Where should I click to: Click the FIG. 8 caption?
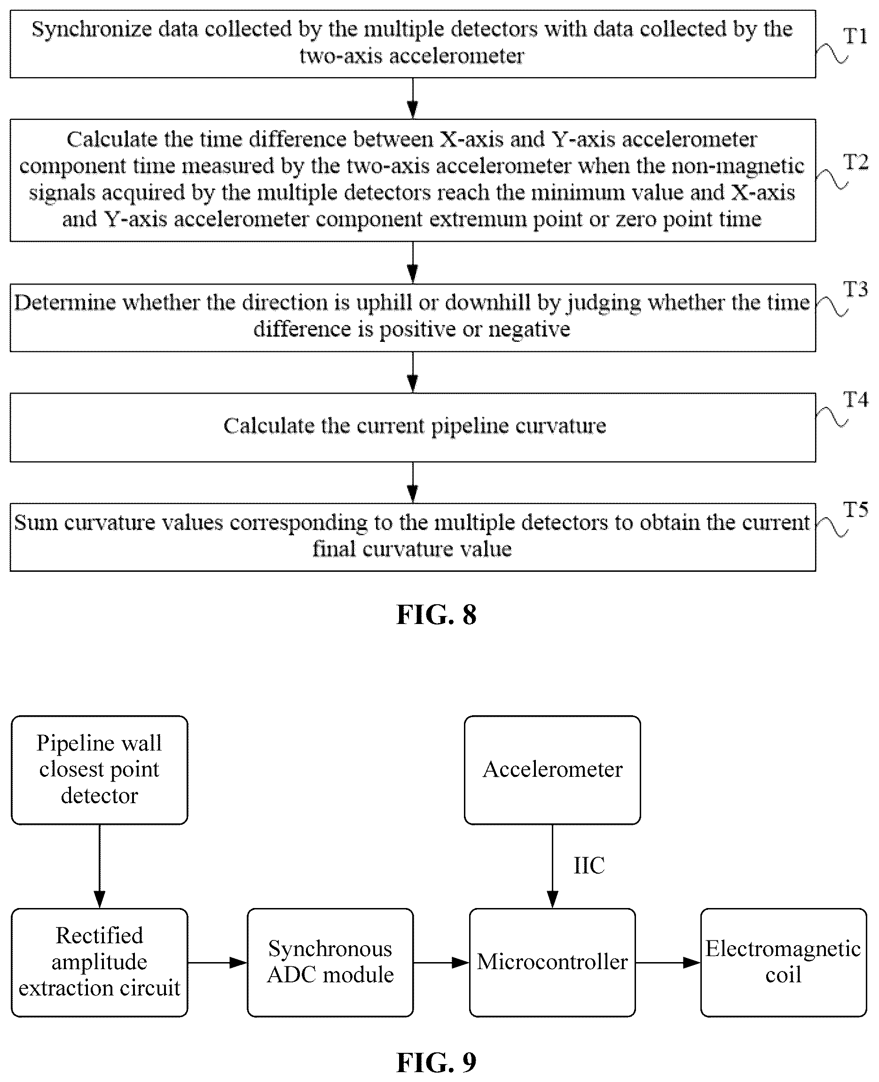[x=437, y=615]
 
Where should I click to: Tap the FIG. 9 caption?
[x=437, y=1062]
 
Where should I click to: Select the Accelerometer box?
[x=552, y=769]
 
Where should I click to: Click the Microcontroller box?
[x=552, y=962]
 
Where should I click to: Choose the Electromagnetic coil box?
[x=784, y=962]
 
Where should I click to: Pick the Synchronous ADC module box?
[x=330, y=962]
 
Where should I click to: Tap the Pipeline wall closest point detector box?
[x=99, y=769]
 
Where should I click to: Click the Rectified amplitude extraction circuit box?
[x=99, y=962]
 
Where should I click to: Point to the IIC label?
[x=589, y=865]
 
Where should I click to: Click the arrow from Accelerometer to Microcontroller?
[x=552, y=866]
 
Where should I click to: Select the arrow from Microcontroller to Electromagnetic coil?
[x=668, y=962]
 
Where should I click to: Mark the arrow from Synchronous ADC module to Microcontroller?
[x=441, y=962]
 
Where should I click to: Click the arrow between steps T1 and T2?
[x=413, y=98]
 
